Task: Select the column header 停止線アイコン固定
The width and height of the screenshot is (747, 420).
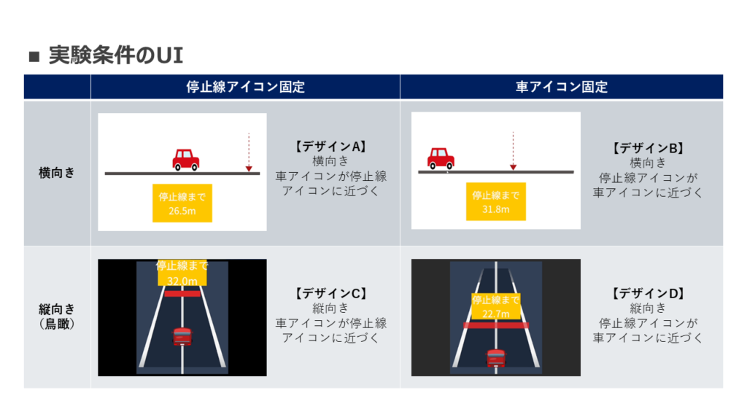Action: pos(245,87)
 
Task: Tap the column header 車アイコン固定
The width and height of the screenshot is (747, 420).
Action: pos(561,87)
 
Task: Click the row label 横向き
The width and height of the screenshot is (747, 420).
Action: pos(57,173)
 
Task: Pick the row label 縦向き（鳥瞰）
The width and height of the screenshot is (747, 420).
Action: pos(57,316)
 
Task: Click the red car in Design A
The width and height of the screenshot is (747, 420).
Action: pos(185,159)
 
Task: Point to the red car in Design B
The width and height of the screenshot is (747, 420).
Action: pos(441,157)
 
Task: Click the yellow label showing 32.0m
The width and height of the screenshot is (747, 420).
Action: pos(182,273)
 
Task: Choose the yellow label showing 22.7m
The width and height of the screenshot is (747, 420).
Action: pos(496,306)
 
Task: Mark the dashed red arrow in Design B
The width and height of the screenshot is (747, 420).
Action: pos(514,150)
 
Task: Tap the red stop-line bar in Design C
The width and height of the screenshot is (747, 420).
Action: pos(182,293)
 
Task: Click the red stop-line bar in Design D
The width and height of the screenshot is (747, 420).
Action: pos(496,325)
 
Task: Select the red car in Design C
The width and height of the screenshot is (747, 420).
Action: pos(182,336)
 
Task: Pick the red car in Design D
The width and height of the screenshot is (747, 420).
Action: pos(496,357)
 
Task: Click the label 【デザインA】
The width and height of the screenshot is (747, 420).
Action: pos(330,147)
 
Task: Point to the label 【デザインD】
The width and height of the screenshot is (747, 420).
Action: pos(647,293)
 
